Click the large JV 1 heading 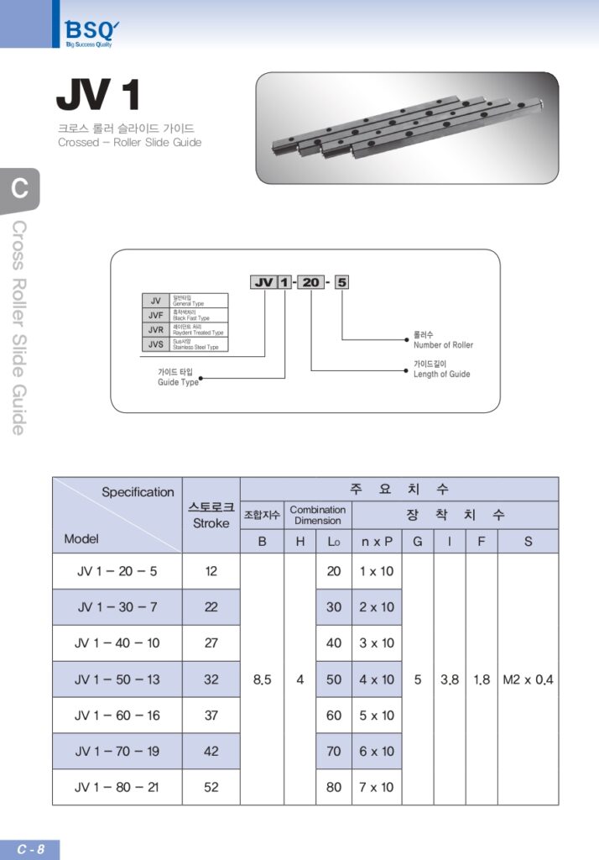98,97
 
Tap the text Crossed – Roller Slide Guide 129,143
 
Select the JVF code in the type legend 155,315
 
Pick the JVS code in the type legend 155,343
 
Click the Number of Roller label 443,345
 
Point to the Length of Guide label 441,375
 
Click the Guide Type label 178,382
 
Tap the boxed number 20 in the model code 310,283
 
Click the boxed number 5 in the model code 341,283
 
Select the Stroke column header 211,516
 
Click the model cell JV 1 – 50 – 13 117,679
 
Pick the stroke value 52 211,788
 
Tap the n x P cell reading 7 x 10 377,788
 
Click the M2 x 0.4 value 528,679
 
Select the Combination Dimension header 317,515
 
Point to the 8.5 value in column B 262,679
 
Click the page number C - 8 30,849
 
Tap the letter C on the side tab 18,188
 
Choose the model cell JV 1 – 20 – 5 117,571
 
